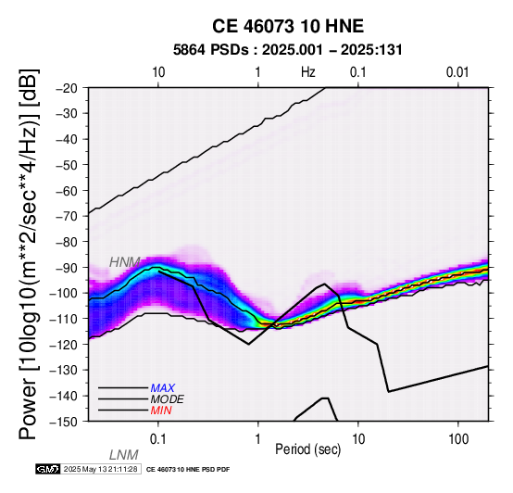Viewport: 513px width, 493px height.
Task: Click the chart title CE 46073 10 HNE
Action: [x=288, y=26]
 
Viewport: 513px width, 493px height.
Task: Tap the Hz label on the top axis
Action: [x=308, y=72]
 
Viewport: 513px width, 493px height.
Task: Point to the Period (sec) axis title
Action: [x=307, y=449]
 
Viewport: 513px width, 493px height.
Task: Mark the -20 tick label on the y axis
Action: [x=67, y=88]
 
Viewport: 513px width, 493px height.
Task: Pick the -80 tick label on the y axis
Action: [x=67, y=242]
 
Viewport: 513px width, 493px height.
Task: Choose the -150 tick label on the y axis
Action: [x=64, y=422]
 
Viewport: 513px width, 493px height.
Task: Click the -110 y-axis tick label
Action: [x=64, y=319]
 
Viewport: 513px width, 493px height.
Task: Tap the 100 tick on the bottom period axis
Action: [x=458, y=439]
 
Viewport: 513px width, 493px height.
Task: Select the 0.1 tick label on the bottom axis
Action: [x=158, y=439]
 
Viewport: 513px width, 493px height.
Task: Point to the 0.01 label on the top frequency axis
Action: [x=457, y=72]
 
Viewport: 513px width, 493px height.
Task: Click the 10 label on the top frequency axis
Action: [x=158, y=72]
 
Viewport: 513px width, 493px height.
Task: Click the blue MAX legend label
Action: [x=163, y=388]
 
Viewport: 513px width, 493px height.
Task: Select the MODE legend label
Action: [x=168, y=399]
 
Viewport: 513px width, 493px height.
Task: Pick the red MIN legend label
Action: [x=161, y=411]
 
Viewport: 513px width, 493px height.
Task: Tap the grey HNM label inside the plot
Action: [x=125, y=262]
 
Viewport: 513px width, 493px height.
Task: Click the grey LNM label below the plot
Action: [x=124, y=455]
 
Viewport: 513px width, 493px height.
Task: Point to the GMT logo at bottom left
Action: [x=48, y=469]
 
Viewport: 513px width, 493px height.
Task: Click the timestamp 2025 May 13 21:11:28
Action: [x=100, y=469]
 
